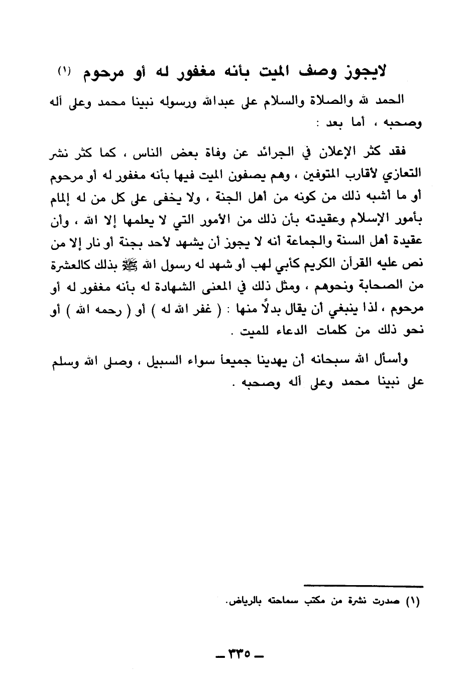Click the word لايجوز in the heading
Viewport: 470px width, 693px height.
[x=363, y=72]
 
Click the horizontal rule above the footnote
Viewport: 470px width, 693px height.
[x=364, y=586]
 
